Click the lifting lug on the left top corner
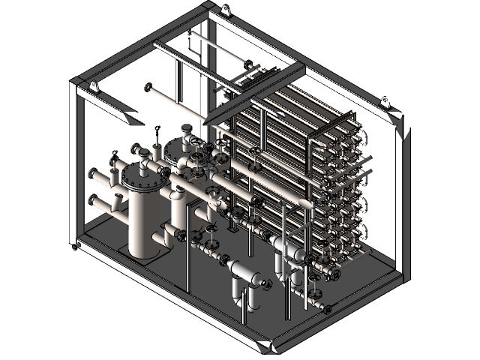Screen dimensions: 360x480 tap(94, 86)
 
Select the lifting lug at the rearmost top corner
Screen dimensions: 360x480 tap(223, 10)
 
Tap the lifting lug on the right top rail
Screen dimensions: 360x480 tap(385, 101)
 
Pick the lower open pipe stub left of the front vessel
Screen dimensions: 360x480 tap(92, 201)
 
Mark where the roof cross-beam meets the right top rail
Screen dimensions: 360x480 tap(304, 69)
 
